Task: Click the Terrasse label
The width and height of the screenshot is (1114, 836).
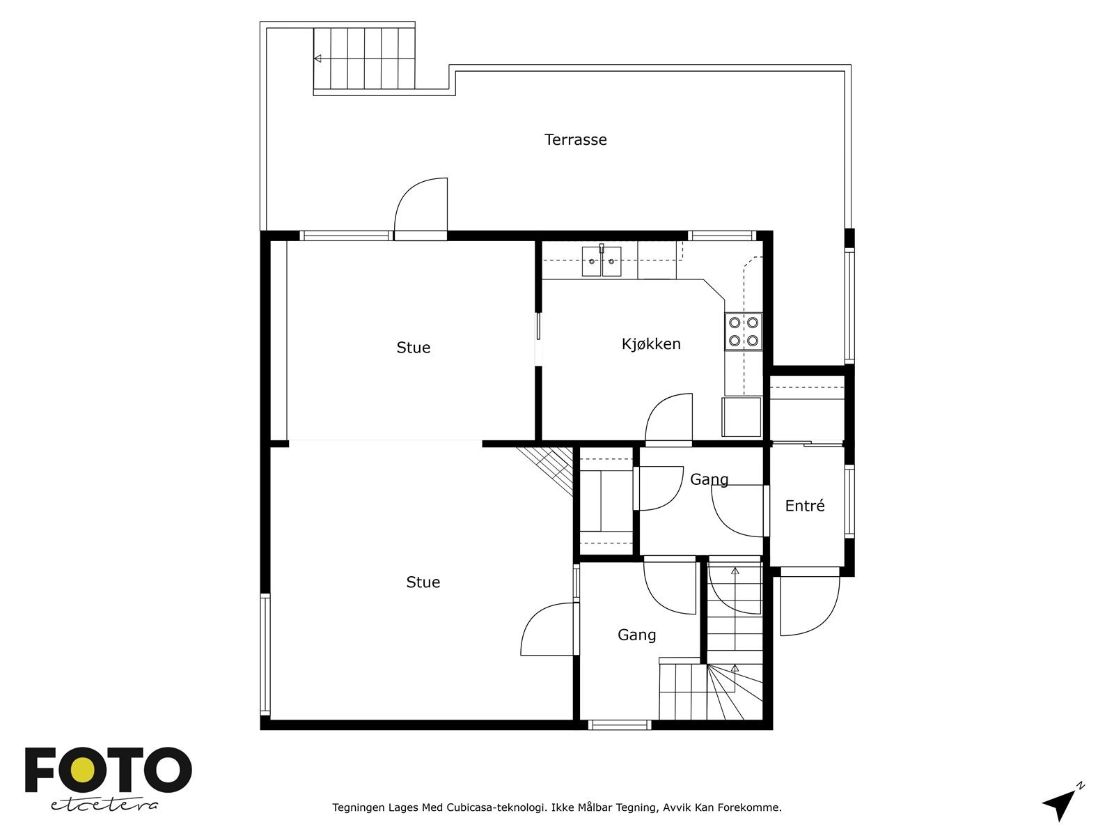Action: pos(575,140)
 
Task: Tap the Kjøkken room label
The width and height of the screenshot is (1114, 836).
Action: pos(651,344)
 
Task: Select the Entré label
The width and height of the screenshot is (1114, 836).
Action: pos(805,506)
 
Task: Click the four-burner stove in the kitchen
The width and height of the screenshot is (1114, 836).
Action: pos(744,332)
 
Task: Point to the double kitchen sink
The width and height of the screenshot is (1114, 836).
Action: pos(602,262)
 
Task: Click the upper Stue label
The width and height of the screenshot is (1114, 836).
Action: pos(414,348)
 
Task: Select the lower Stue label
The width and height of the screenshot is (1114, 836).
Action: pos(423,582)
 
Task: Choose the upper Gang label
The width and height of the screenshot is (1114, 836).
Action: pos(709,480)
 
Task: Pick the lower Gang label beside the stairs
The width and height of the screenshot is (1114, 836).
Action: pos(636,635)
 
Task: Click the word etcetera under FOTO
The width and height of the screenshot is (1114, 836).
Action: pos(104,805)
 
